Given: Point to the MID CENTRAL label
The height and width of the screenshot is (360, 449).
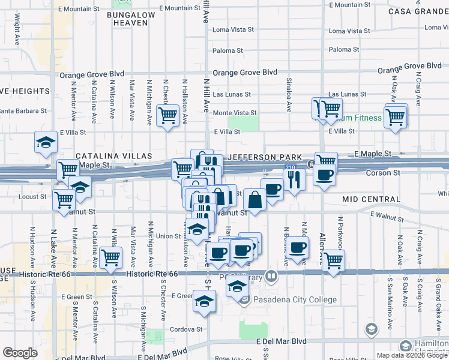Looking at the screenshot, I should (371, 199).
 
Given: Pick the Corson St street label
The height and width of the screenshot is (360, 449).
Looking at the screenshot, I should (383, 173).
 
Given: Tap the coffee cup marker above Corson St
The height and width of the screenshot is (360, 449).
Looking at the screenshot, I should (325, 175).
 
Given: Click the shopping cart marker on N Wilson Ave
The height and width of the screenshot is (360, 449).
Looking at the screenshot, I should (110, 257).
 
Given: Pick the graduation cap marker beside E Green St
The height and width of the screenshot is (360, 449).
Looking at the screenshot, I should (204, 301).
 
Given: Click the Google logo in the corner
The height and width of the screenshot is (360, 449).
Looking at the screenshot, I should (20, 353).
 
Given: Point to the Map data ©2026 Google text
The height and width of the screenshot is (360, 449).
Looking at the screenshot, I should (411, 355).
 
